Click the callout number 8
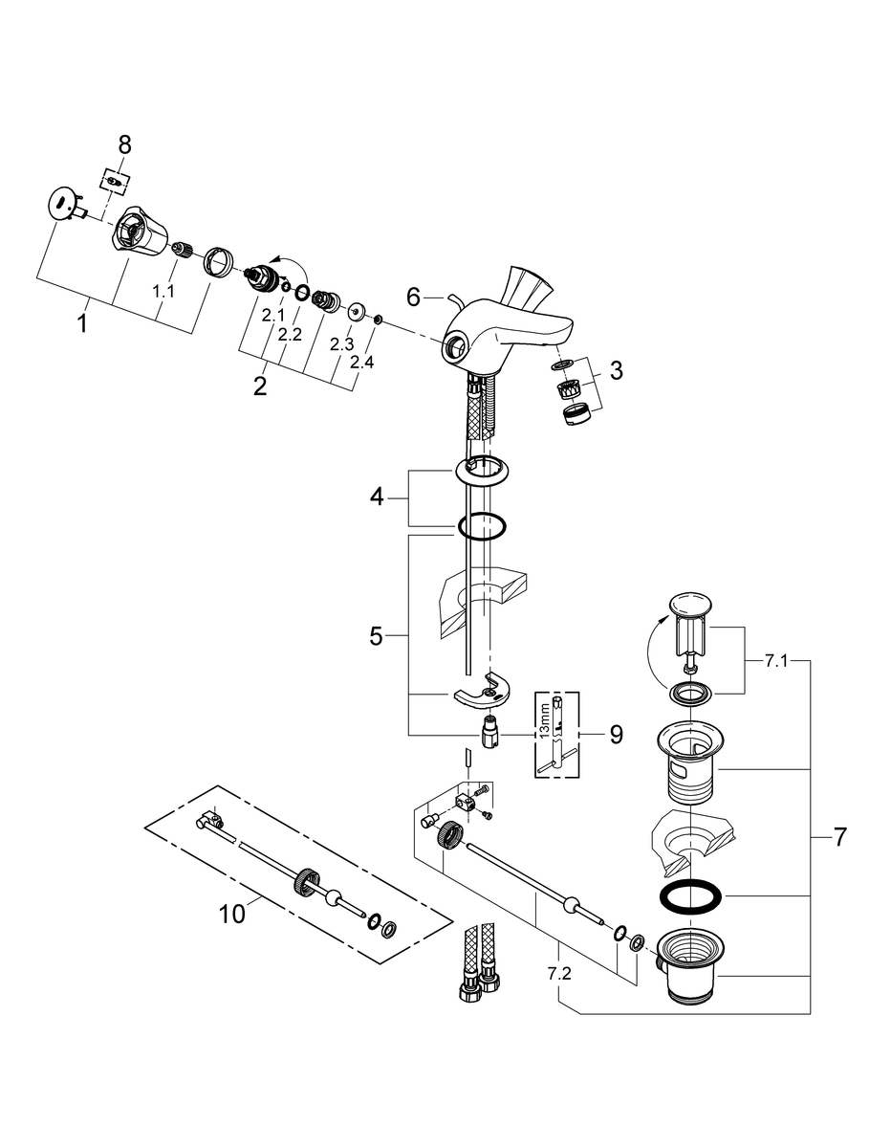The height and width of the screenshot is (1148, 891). [124, 144]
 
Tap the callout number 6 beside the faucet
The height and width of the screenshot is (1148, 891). [413, 298]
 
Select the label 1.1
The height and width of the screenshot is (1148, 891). [163, 291]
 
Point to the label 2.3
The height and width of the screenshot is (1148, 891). [341, 344]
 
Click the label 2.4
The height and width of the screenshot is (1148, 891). [362, 362]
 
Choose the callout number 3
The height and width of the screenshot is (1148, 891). [616, 370]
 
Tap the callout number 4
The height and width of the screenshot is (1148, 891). [377, 497]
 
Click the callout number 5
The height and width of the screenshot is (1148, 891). [376, 636]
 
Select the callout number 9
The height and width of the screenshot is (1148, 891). [616, 735]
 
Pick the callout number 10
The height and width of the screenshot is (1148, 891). [232, 914]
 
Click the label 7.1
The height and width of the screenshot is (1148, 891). [776, 661]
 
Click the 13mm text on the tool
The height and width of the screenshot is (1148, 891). [545, 717]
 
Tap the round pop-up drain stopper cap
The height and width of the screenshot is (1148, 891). [690, 605]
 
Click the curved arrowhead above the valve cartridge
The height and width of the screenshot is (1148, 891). [275, 260]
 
